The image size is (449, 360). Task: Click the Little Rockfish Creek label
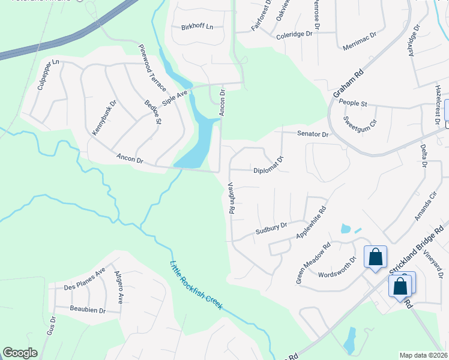click(196, 286)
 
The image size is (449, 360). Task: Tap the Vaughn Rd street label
click(231, 199)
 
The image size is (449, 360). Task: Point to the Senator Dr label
click(313, 135)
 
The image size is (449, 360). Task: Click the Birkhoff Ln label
click(197, 28)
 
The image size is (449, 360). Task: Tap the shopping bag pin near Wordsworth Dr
click(375, 257)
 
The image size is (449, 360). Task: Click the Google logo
click(20, 353)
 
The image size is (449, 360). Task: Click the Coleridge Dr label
click(295, 35)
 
